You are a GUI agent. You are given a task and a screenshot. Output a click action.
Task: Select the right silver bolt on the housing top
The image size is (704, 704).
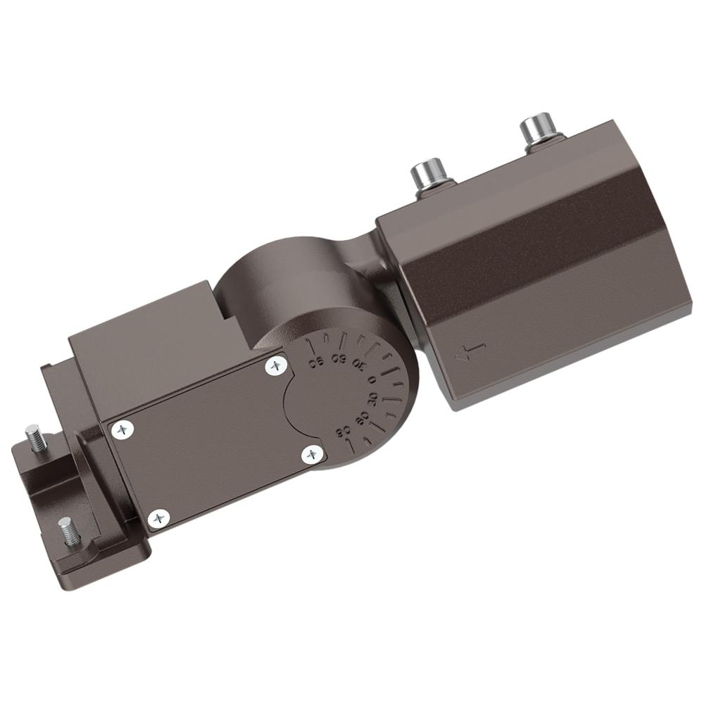coord(538,132)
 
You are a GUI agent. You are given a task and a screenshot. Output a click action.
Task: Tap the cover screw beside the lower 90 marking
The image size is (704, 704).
coord(312,455)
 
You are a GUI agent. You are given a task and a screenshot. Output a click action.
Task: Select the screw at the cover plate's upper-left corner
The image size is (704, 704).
coord(124,429)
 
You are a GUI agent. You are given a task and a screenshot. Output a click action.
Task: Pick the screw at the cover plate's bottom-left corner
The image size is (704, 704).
coord(159,519)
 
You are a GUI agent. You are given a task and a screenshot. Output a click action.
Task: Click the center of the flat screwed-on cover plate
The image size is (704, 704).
coord(211,440)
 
